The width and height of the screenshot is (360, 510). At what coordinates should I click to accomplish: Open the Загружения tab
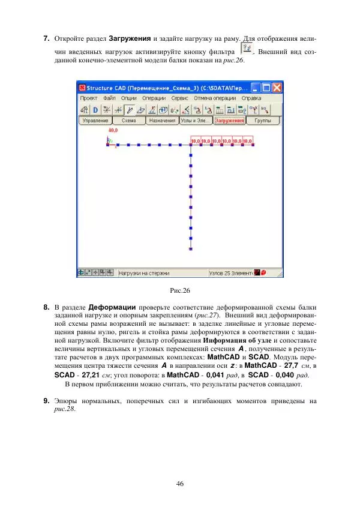coord(229,121)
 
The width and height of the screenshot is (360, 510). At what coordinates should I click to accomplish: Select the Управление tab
coord(95,121)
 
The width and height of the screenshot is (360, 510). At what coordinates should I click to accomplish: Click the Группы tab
coord(262,121)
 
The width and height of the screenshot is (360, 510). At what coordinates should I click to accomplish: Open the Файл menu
coord(109,98)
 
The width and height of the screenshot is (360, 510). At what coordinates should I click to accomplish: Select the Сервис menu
coord(179,98)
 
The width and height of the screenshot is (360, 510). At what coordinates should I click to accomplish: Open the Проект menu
coord(89,98)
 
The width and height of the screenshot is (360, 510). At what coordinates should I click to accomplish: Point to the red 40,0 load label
coord(113,130)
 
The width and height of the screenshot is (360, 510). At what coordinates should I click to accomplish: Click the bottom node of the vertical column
coord(191,247)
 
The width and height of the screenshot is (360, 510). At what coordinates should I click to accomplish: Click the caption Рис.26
coord(180,291)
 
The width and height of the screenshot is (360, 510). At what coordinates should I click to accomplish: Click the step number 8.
coord(46,307)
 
